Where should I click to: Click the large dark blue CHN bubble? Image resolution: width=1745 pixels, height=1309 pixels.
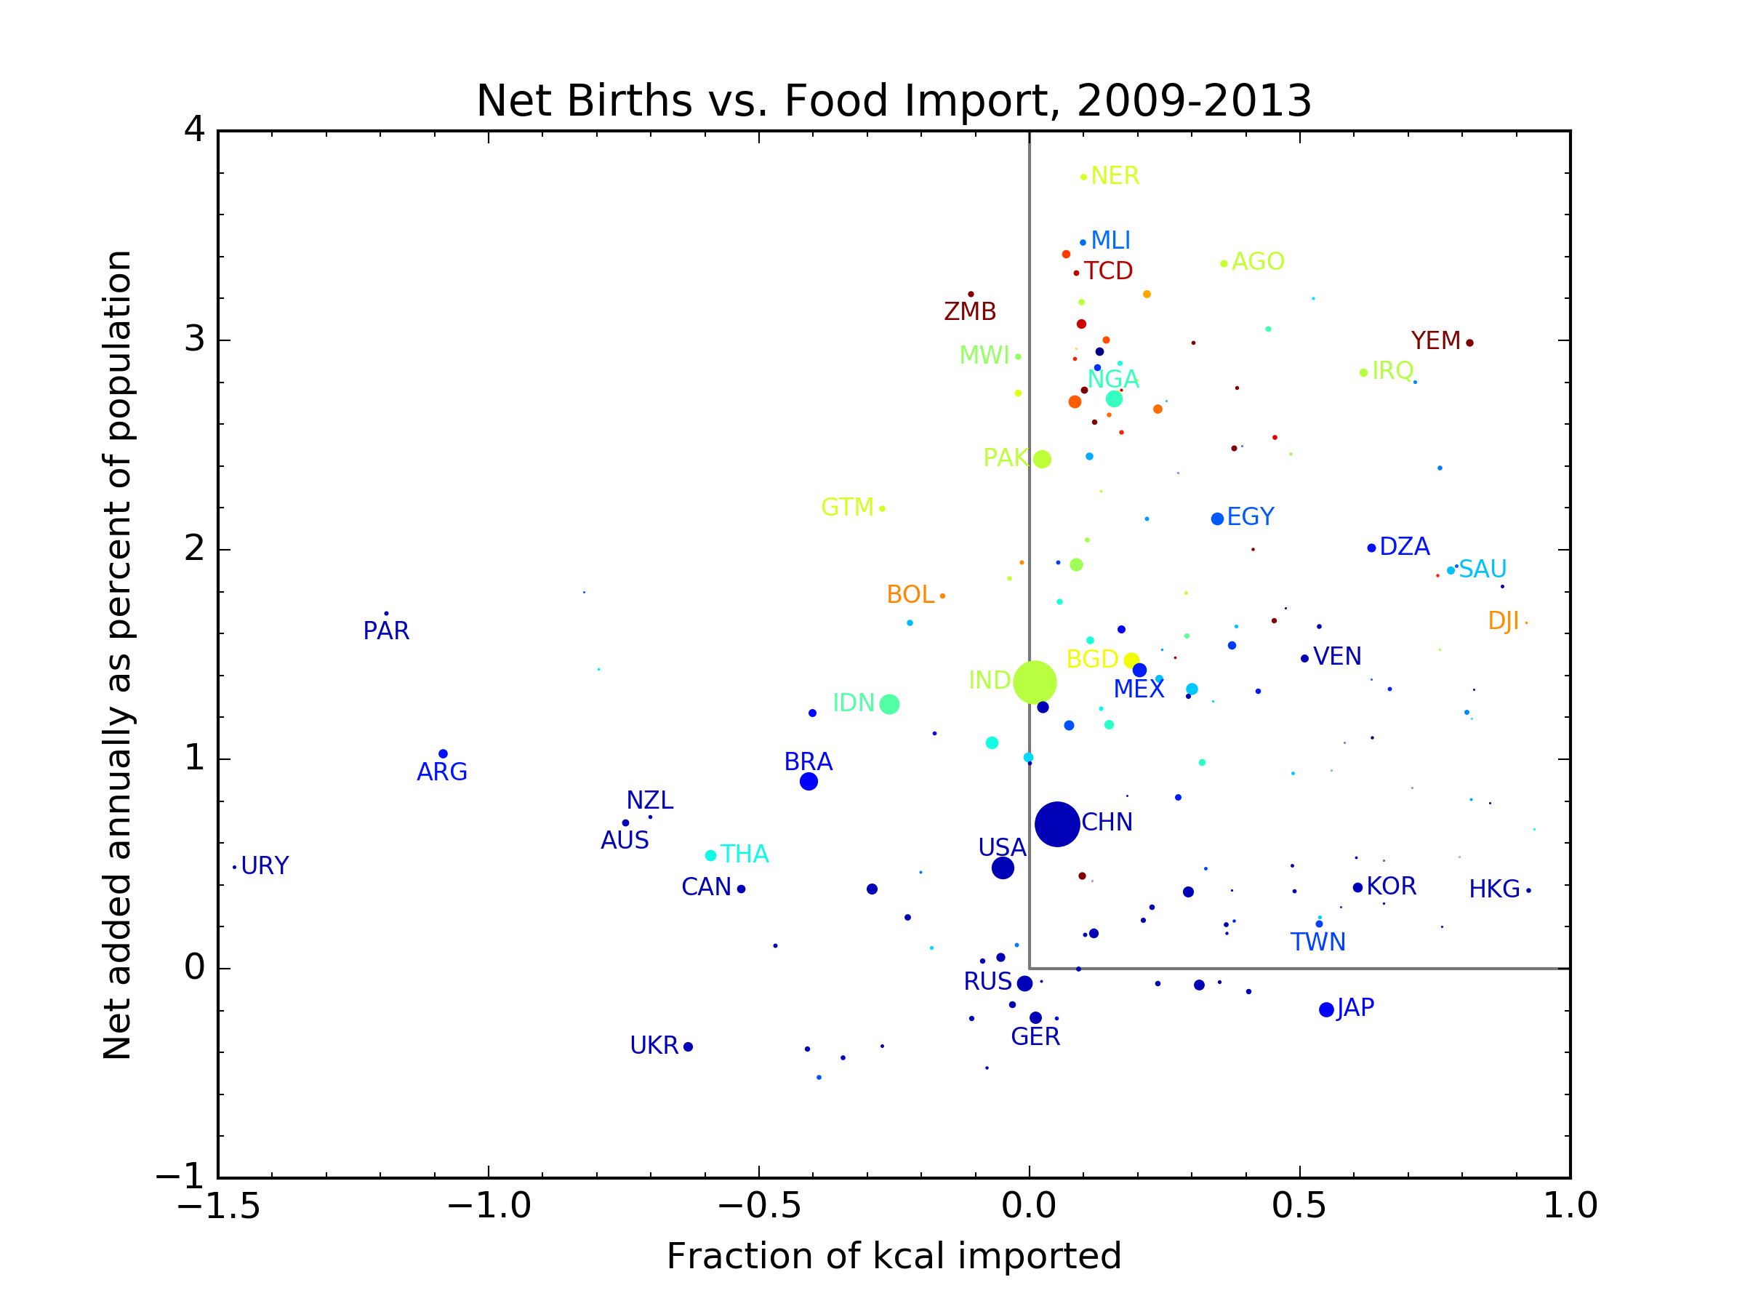[x=1057, y=824]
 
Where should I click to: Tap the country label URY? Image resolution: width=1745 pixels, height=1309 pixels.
[x=265, y=866]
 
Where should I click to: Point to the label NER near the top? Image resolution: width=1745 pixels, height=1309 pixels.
[x=1115, y=176]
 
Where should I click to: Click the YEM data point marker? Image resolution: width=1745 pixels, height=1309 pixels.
[x=1469, y=343]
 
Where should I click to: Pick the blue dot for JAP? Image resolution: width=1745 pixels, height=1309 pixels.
[x=1326, y=1010]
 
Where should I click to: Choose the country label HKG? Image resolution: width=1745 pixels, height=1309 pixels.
[x=1494, y=890]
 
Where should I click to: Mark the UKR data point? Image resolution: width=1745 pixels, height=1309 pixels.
[x=688, y=1047]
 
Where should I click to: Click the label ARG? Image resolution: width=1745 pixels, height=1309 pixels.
[x=442, y=772]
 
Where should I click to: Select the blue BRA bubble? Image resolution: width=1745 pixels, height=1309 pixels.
[x=809, y=782]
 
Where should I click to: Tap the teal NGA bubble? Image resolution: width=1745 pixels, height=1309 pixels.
[x=1114, y=399]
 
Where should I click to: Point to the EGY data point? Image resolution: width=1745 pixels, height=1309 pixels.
[x=1217, y=519]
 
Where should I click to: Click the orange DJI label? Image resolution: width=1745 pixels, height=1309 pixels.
[x=1503, y=622]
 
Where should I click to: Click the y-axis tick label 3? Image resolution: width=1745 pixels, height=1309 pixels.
[x=194, y=340]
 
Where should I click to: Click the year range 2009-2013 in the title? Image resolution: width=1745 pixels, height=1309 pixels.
[x=1194, y=101]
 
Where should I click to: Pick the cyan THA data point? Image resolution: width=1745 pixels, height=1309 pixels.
[x=710, y=855]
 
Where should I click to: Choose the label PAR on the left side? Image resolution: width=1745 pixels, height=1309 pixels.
[x=386, y=631]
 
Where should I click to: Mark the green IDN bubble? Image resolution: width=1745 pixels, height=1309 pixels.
[x=889, y=705]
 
